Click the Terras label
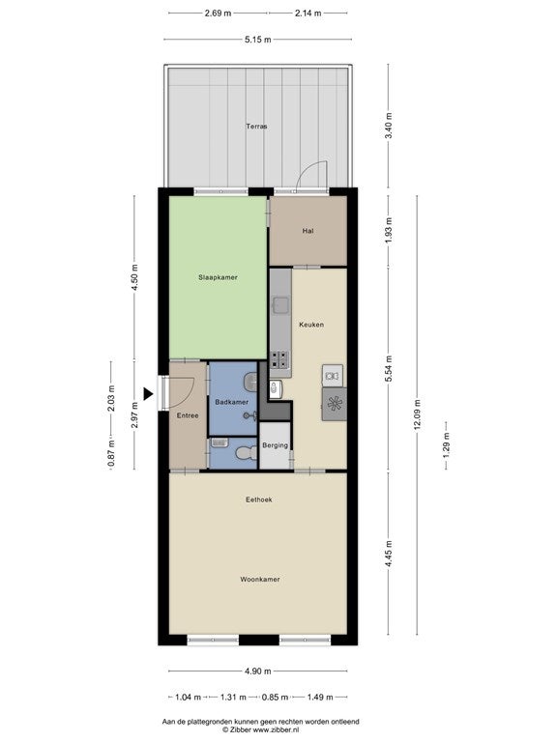pos(256,127)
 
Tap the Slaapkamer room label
pos(218,277)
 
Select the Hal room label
pos(308,231)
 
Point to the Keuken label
pos(311,325)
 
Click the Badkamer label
pos(232,402)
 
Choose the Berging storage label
pos(276,445)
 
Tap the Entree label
pos(188,415)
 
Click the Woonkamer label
pos(260,580)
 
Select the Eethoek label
pos(259,499)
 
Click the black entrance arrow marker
pos(149,394)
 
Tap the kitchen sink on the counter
pos(280,305)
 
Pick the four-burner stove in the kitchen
pos(279,359)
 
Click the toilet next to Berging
pos(247,453)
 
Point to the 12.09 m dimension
pos(417,414)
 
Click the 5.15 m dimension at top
pos(258,40)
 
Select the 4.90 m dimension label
pos(258,671)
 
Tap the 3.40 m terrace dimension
pos(389,126)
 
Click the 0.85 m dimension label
pos(275,697)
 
